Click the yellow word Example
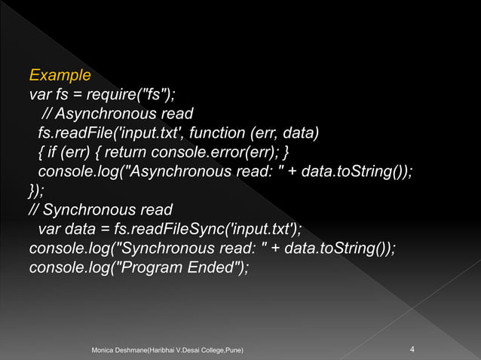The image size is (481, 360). [x=60, y=76]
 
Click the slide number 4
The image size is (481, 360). [x=412, y=349]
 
